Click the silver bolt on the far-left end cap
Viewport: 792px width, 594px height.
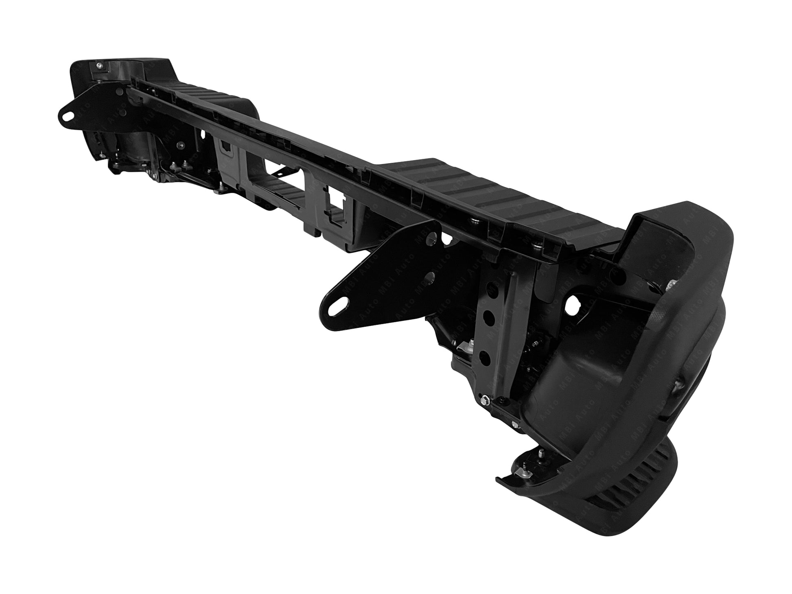(100, 65)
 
